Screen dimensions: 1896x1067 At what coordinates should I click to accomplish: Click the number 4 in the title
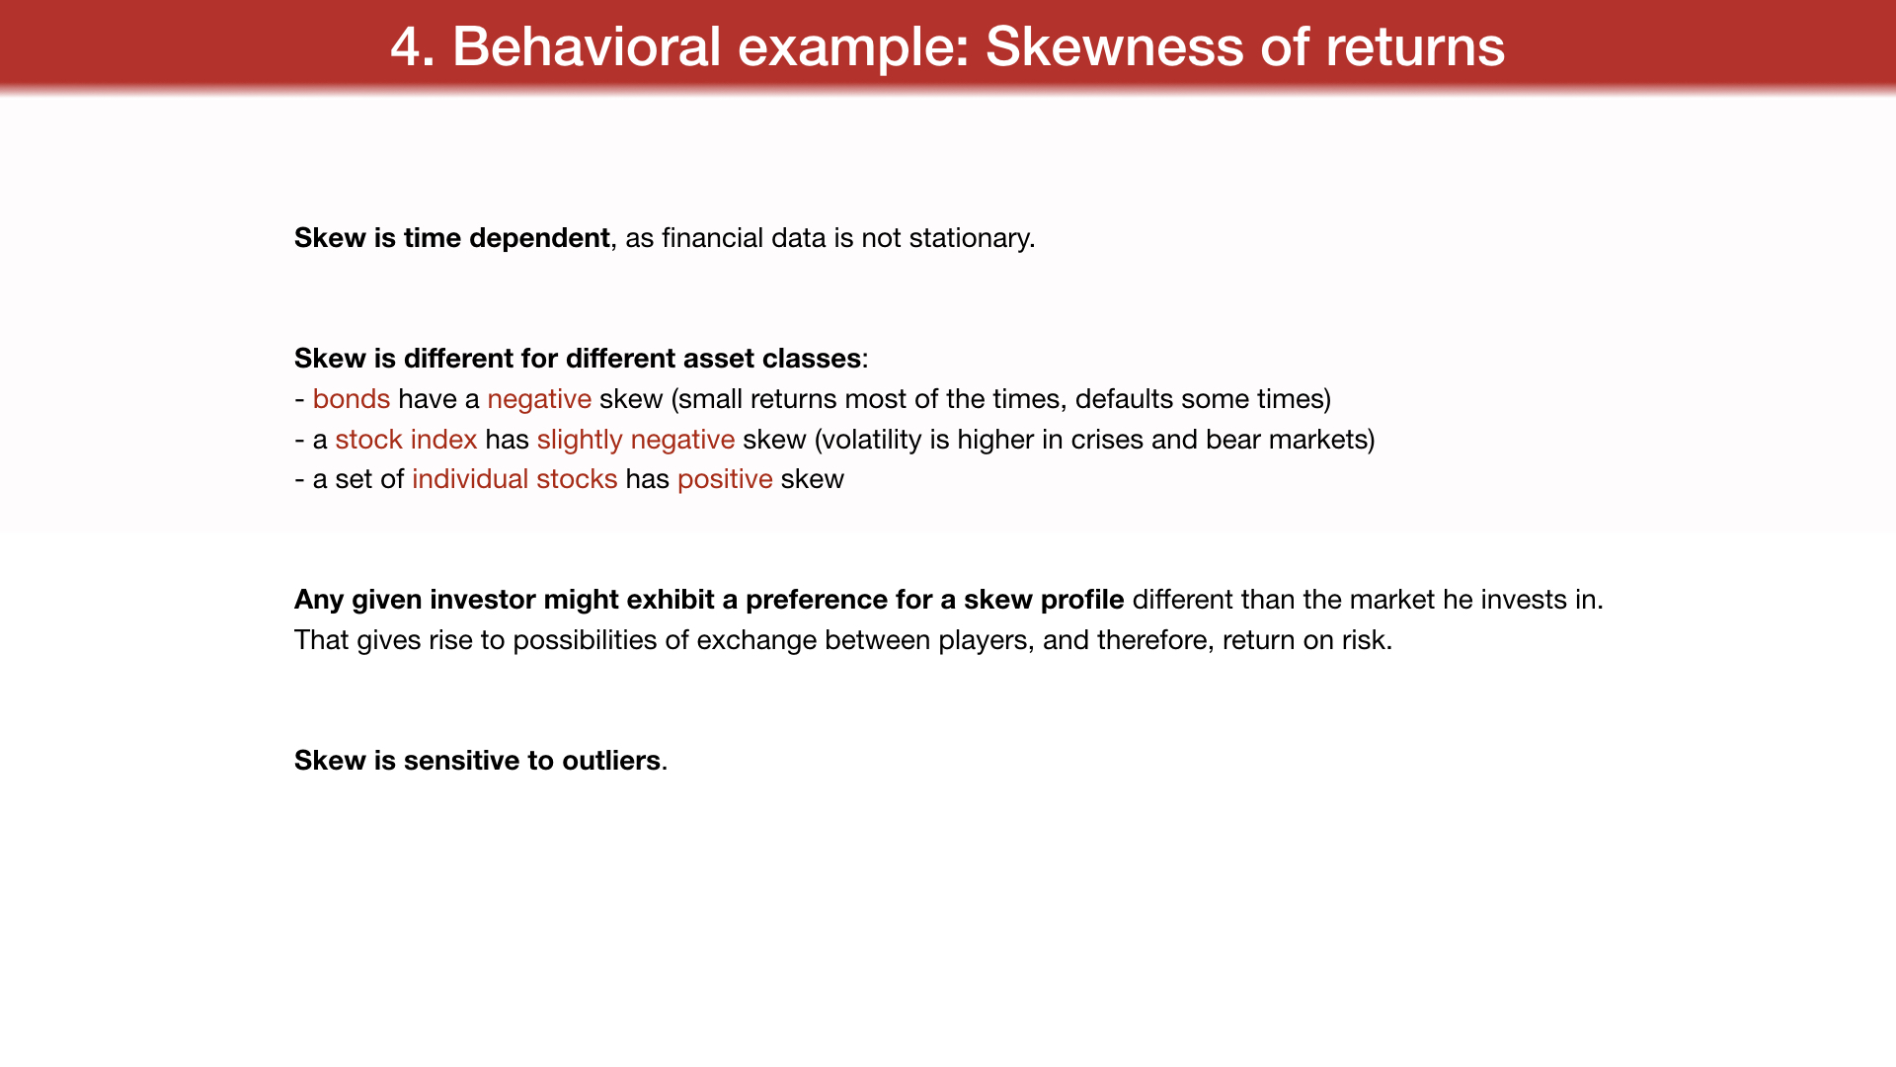407,46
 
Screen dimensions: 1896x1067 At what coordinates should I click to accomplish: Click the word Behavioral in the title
587,46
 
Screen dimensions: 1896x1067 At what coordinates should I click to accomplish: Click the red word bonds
352,399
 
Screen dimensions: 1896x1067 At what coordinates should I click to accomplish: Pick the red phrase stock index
406,440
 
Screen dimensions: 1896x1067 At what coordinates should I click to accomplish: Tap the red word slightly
580,441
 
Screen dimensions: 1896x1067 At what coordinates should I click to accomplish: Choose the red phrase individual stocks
514,479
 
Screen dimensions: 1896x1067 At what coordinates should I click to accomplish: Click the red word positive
725,480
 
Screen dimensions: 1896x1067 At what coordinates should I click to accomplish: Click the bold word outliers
611,761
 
